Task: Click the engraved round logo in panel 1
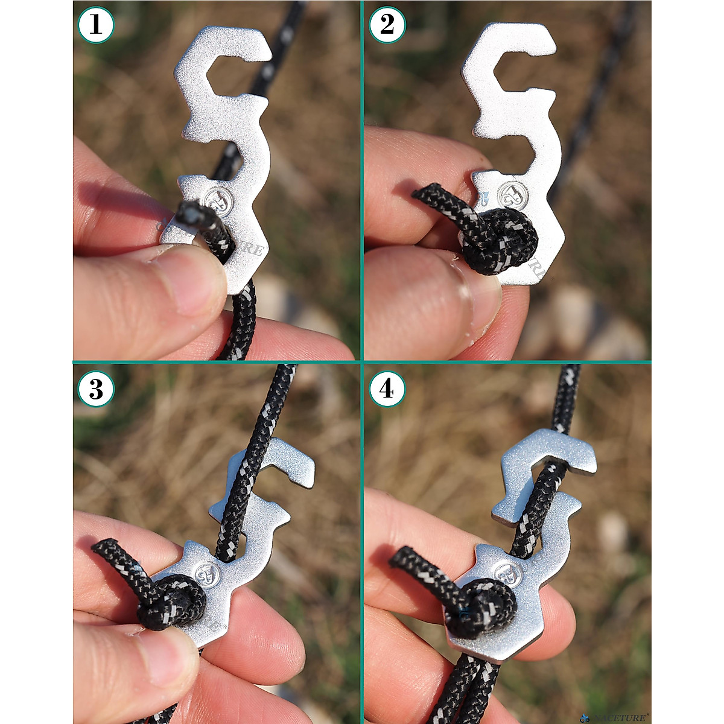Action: pyautogui.click(x=217, y=200)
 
